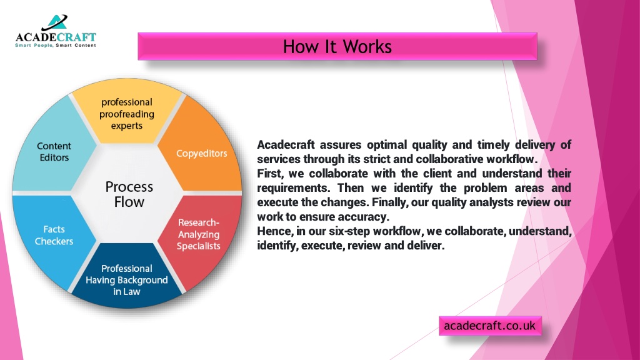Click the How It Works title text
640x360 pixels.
pyautogui.click(x=337, y=46)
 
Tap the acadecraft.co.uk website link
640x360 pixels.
pyautogui.click(x=490, y=326)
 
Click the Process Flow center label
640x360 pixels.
pyautogui.click(x=129, y=194)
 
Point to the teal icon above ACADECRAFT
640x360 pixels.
pyautogui.click(x=56, y=22)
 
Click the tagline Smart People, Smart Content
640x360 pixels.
pyautogui.click(x=56, y=45)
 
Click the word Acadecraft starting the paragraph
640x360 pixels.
pyautogui.click(x=286, y=145)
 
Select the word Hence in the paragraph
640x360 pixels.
pyautogui.click(x=275, y=231)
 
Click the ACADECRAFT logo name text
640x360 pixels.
pyautogui.click(x=56, y=37)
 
